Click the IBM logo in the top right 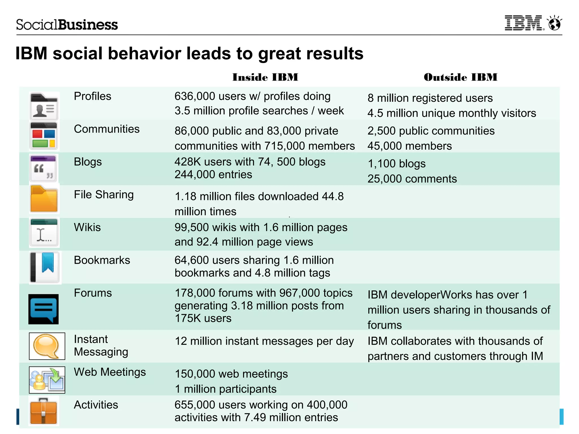[523, 23]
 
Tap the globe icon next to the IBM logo [554, 23]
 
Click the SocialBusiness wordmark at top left [67, 25]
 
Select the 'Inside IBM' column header [265, 77]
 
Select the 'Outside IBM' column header [461, 77]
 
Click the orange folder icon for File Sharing [44, 199]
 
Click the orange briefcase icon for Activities [44, 411]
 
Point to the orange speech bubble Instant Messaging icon [46, 346]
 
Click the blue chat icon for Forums [44, 309]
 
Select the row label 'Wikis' [87, 227]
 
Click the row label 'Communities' [107, 129]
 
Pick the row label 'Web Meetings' [110, 372]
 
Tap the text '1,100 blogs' [396, 164]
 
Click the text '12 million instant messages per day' [264, 341]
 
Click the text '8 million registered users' [430, 98]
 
